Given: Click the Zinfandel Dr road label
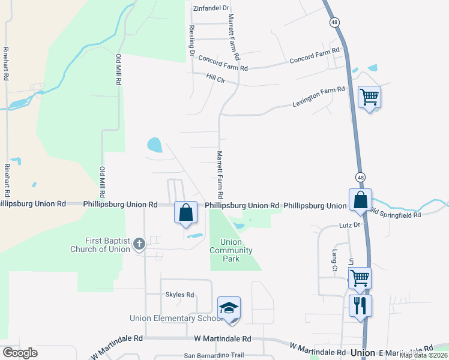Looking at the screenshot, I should tap(211, 8).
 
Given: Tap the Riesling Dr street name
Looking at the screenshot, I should tap(191, 41).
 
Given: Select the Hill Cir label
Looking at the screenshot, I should tap(215, 77).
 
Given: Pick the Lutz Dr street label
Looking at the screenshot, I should tap(348, 225).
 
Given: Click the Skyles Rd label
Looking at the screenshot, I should tap(179, 295).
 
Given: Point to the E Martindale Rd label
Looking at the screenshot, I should tap(406, 350).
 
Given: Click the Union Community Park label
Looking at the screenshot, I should tap(231, 250).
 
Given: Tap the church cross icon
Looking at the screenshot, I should tap(139, 244).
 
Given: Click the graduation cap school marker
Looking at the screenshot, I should tap(229, 308).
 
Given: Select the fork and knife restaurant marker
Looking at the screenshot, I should tap(360, 305).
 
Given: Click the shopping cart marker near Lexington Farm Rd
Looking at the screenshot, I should tap(369, 97).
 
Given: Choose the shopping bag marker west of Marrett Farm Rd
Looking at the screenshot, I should tap(185, 212).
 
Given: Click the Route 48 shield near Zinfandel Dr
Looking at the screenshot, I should tap(334, 22).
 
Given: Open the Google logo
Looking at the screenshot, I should tap(20, 353).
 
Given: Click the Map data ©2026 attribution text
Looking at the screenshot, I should tap(423, 355).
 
